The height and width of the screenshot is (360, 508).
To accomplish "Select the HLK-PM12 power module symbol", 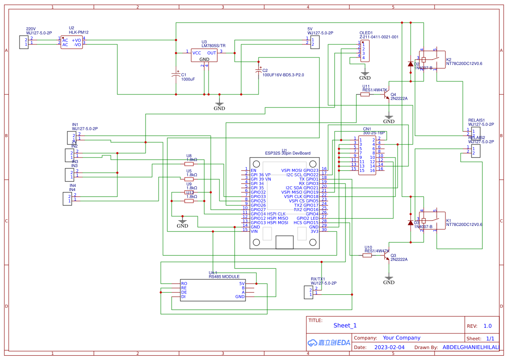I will [x=71, y=42].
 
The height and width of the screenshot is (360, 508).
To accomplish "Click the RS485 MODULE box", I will [x=213, y=289].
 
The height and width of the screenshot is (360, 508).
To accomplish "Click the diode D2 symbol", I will [x=411, y=64].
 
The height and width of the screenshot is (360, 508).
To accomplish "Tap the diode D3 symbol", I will [x=411, y=222].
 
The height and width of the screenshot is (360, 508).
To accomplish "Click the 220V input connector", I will [x=23, y=42].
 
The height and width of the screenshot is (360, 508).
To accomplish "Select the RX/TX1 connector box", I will [x=310, y=292].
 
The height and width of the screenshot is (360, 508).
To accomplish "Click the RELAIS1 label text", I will [x=476, y=120].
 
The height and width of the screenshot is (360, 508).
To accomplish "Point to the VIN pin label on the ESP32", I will [x=254, y=231].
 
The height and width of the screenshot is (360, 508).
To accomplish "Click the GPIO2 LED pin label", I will [x=307, y=218].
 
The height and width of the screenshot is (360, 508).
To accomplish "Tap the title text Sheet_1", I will [x=345, y=325].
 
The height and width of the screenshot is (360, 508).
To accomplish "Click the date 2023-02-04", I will [x=389, y=347].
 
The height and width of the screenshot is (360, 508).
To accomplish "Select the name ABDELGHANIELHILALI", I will [x=471, y=347].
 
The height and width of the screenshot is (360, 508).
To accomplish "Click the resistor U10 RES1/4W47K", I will [x=367, y=256].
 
